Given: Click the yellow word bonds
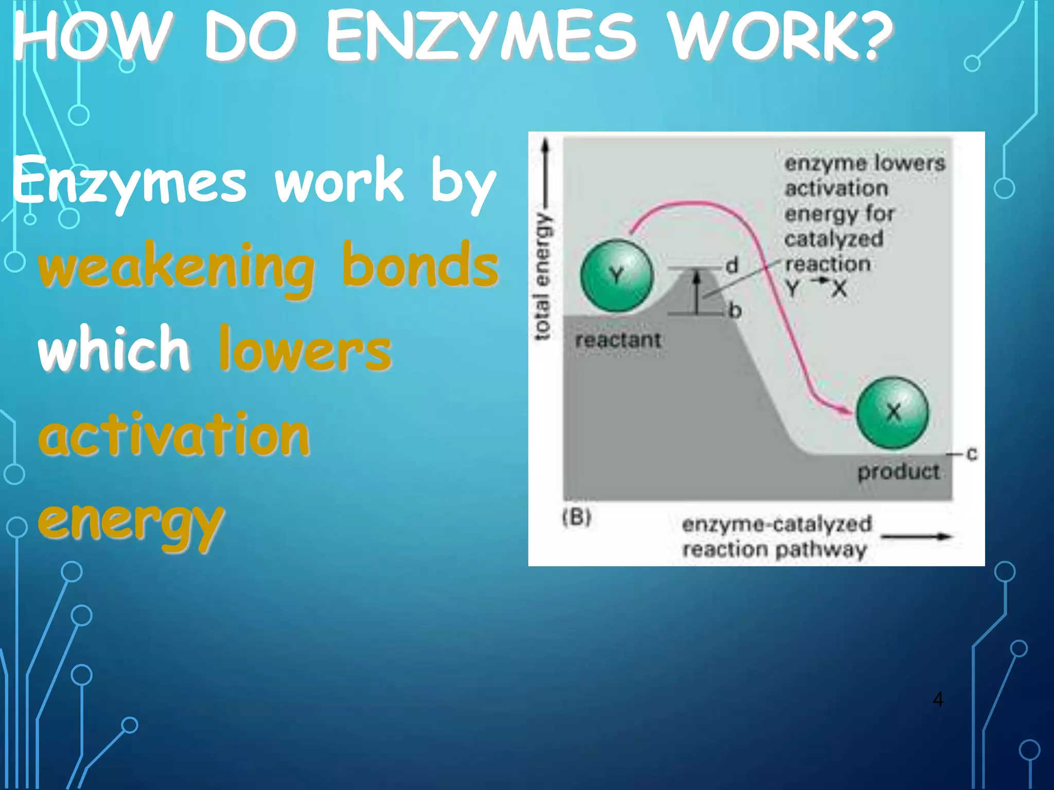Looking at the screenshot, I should [x=420, y=265].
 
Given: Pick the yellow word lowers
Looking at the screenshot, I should [x=305, y=350].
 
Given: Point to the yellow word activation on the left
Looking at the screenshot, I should [x=174, y=435].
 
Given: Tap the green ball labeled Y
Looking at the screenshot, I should [x=617, y=276].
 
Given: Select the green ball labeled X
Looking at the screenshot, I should [x=893, y=412].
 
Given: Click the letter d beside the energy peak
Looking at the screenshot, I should [x=732, y=266].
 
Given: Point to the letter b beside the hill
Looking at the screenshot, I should [x=735, y=311].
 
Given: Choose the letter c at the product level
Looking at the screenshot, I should [x=971, y=454].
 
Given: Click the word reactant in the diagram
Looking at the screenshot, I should [x=618, y=340].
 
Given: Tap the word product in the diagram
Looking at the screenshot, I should [x=898, y=472].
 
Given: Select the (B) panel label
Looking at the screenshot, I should [x=576, y=517].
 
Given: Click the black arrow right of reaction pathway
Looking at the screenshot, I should [x=916, y=537].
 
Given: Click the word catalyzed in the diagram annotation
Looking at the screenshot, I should [x=834, y=239].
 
